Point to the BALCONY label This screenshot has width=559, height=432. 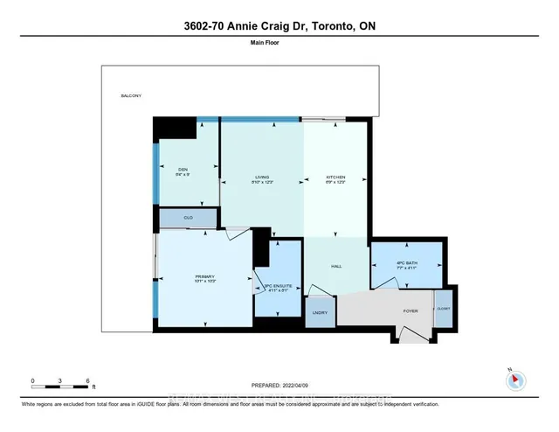click(131, 96)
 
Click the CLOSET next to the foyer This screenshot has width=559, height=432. click(444, 309)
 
